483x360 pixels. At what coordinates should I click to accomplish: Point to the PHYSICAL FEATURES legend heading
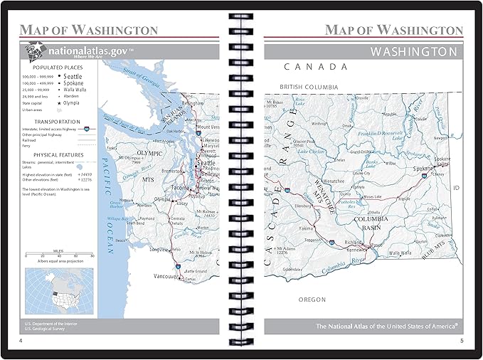pyautogui.click(x=53, y=154)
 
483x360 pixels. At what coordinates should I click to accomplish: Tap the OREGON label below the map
pyautogui.click(x=312, y=300)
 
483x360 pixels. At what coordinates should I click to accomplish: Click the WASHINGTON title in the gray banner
pyautogui.click(x=413, y=52)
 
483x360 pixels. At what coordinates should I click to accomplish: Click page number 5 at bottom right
pyautogui.click(x=462, y=342)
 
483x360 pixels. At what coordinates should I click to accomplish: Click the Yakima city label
pyautogui.click(x=306, y=229)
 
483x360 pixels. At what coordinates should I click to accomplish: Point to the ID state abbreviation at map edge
pyautogui.click(x=457, y=188)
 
